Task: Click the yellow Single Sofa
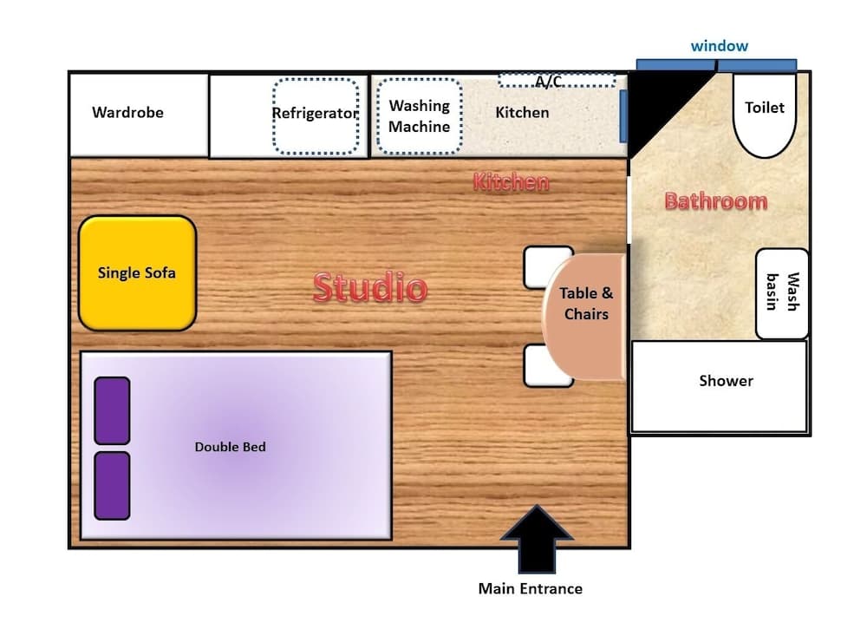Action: pyautogui.click(x=138, y=273)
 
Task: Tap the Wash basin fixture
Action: pyautogui.click(x=782, y=293)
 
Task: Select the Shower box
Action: pyautogui.click(x=720, y=386)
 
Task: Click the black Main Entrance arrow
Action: pyautogui.click(x=537, y=540)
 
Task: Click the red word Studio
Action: pyautogui.click(x=370, y=287)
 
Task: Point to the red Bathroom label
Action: pyautogui.click(x=716, y=200)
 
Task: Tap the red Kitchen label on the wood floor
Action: pyautogui.click(x=512, y=182)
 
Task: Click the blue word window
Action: pyautogui.click(x=720, y=46)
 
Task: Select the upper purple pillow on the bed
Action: pyautogui.click(x=112, y=410)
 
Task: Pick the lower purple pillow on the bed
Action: pyautogui.click(x=112, y=486)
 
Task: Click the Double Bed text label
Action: pyautogui.click(x=230, y=447)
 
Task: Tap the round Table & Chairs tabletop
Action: pyautogui.click(x=584, y=317)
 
